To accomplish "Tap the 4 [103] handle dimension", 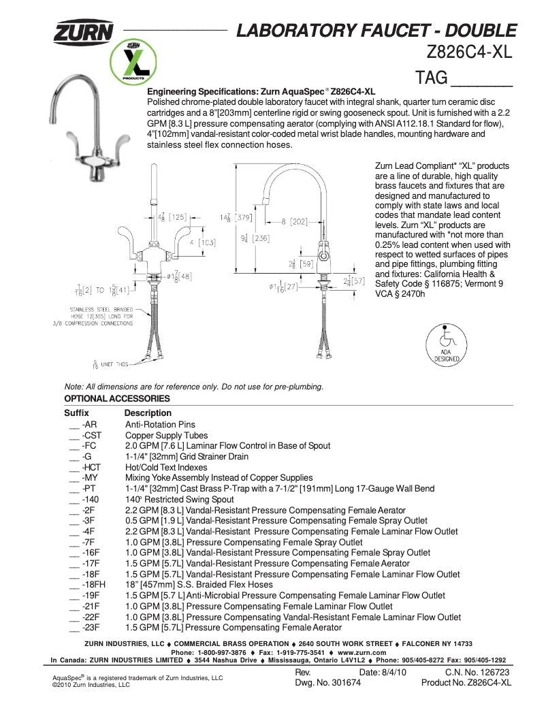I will tap(202, 242).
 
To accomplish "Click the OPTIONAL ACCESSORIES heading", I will tap(116, 398).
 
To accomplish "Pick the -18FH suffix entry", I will tap(93, 585).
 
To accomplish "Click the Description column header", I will tap(148, 413).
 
